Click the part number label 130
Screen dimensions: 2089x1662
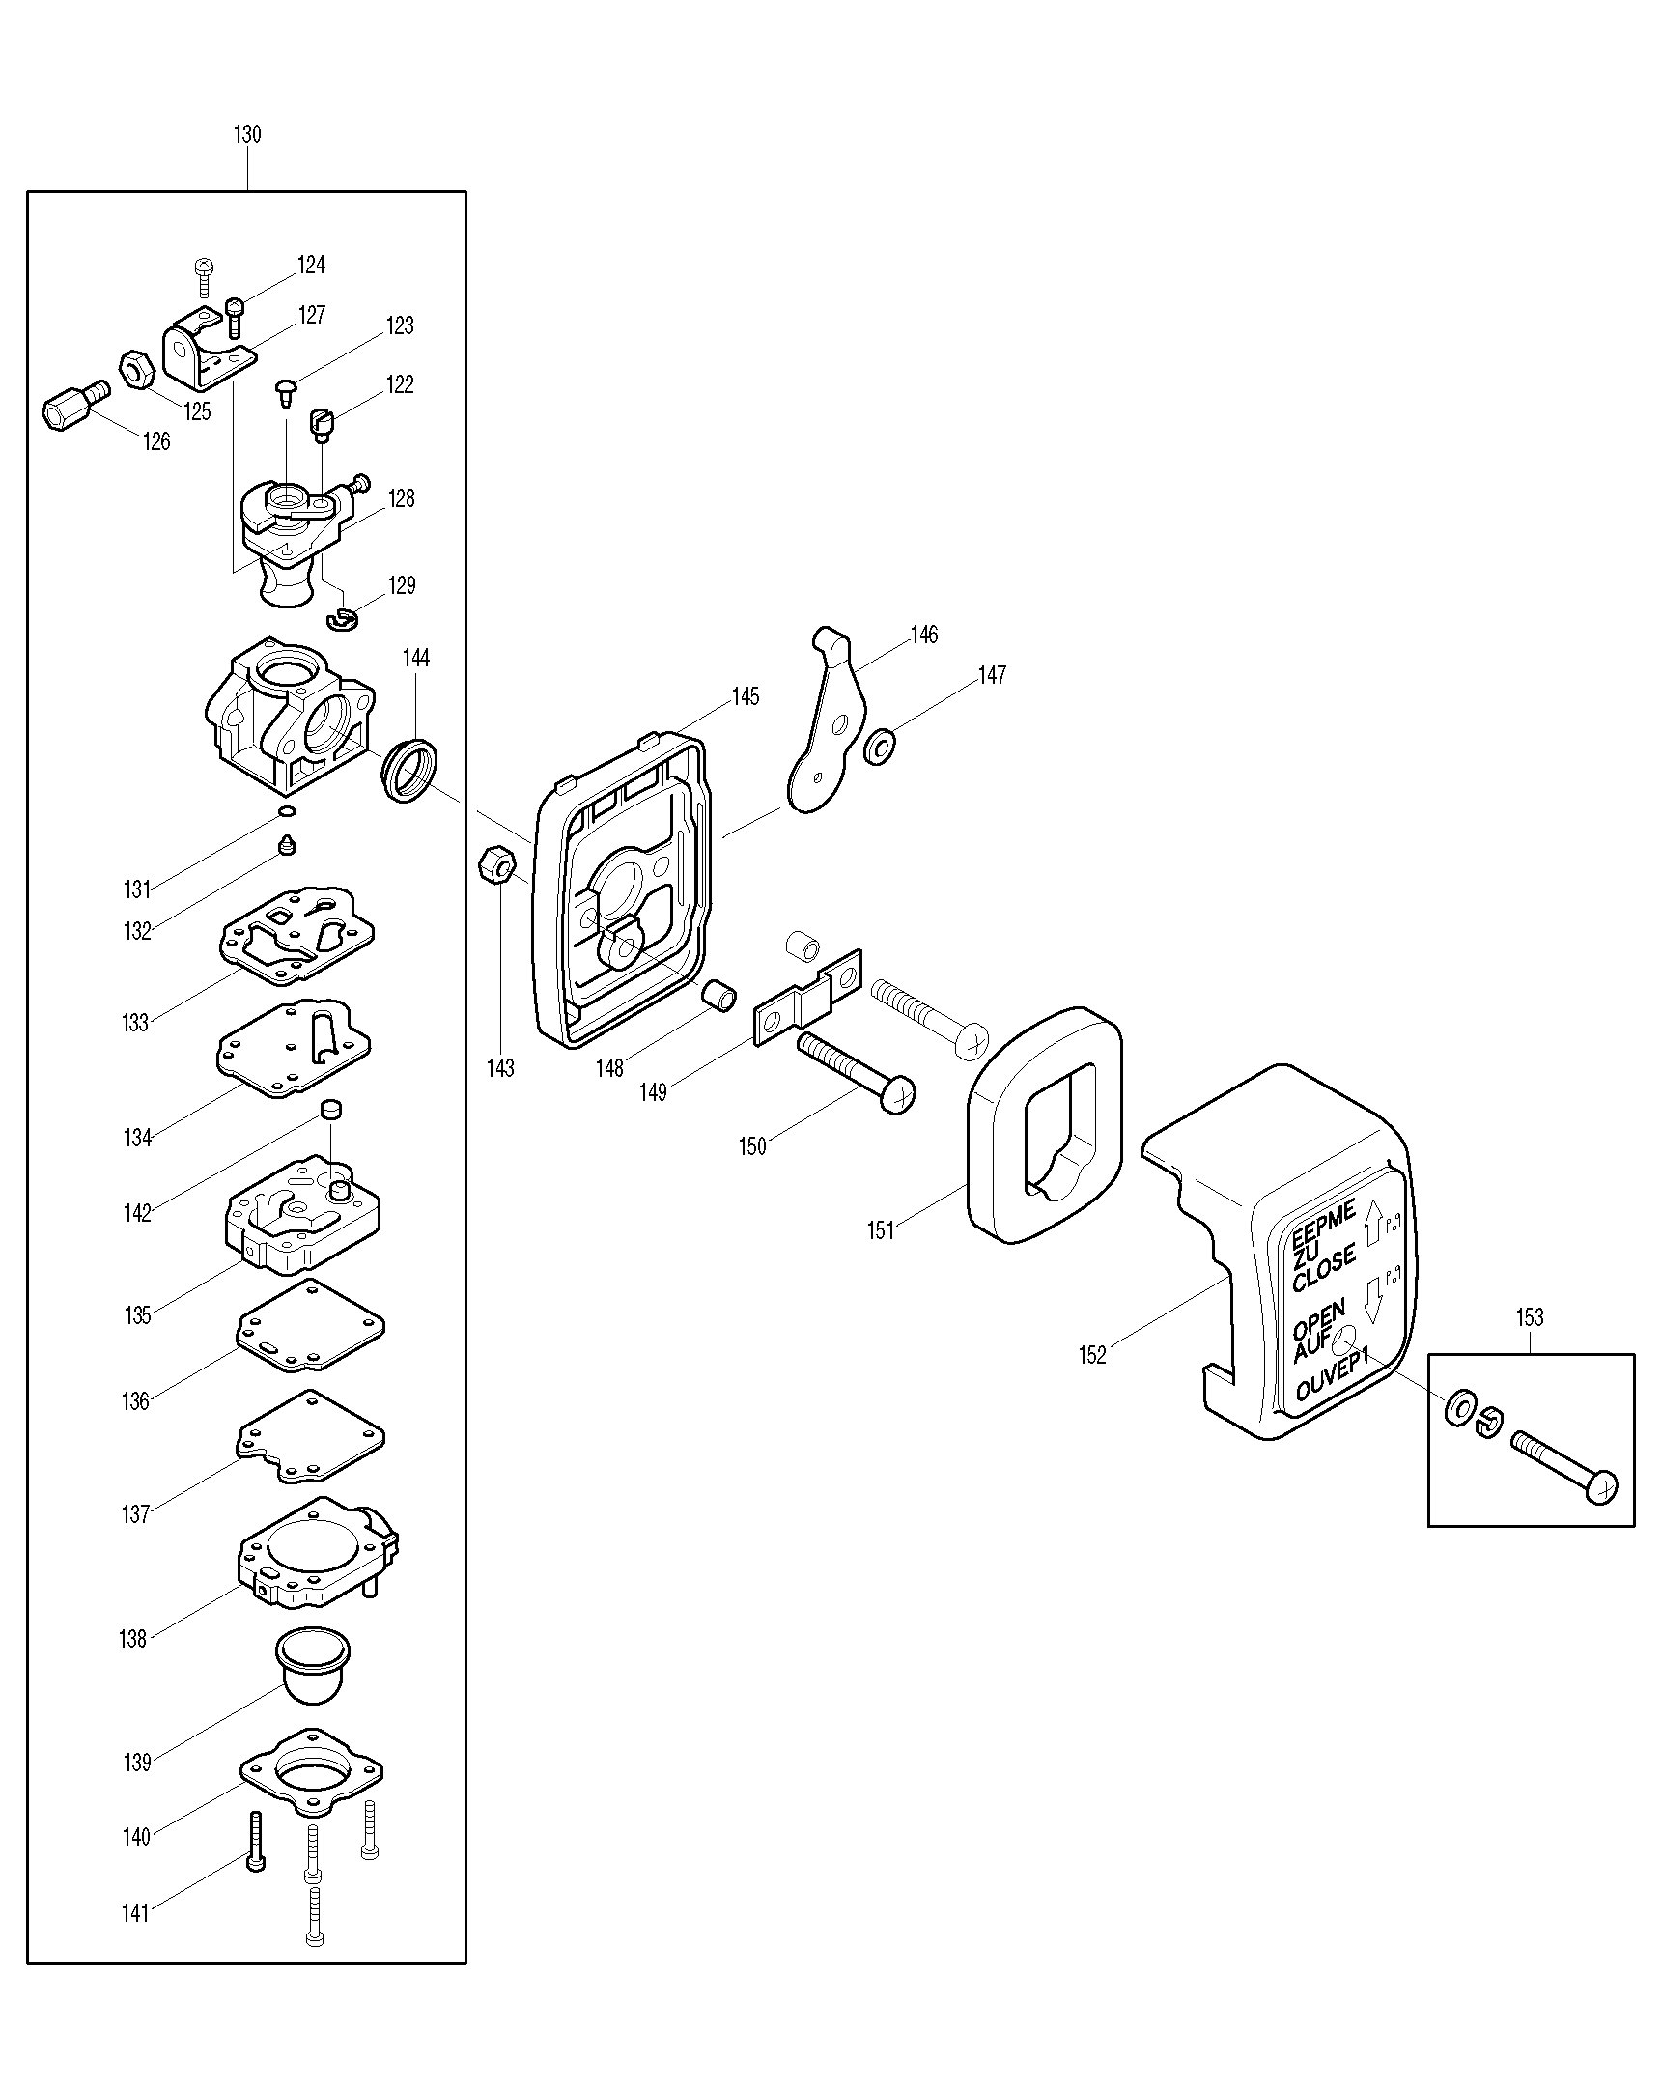coord(247,134)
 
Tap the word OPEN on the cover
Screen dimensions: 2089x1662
coord(1318,1319)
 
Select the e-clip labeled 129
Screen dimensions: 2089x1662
coord(343,618)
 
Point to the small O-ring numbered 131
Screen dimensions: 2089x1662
coord(287,811)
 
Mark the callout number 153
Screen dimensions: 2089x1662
coord(1530,1317)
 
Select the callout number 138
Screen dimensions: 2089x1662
coord(132,1638)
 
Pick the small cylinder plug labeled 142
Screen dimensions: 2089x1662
coord(331,1110)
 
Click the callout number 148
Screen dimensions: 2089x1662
coord(609,1068)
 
